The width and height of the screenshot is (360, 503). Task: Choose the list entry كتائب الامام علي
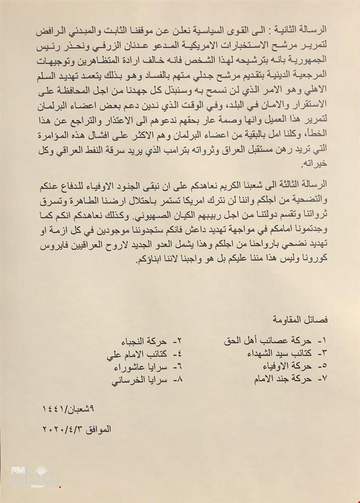click(144, 354)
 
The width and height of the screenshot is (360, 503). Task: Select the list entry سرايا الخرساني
click(143, 379)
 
